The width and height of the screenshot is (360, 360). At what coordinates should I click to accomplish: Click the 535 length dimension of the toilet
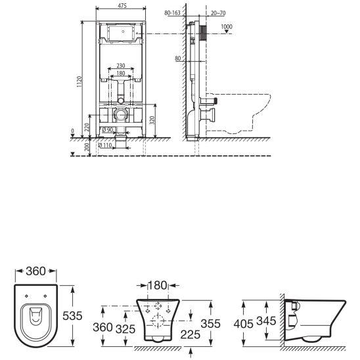point(73,316)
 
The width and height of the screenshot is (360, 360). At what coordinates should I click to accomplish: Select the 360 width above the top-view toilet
point(32,271)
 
